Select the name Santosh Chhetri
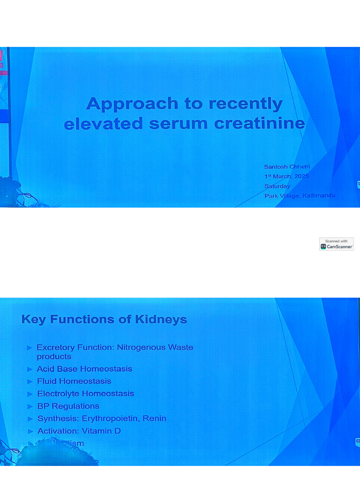(x=287, y=167)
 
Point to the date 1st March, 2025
(x=286, y=176)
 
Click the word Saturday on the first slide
(x=277, y=186)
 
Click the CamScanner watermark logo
(x=337, y=244)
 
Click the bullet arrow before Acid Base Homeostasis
(x=30, y=369)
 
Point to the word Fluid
(x=46, y=381)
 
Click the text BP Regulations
(x=68, y=406)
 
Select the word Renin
(x=155, y=418)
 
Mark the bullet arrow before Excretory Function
(x=30, y=348)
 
